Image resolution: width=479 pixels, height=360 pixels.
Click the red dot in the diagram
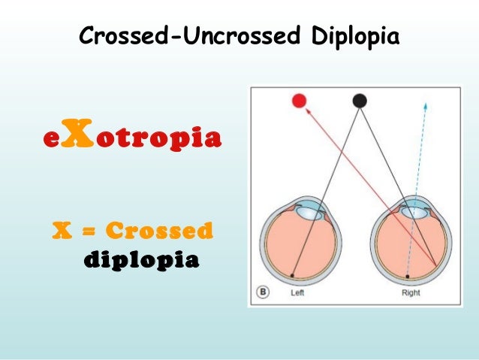click(300, 101)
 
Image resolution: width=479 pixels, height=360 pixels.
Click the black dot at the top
click(360, 100)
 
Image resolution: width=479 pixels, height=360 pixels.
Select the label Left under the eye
click(298, 294)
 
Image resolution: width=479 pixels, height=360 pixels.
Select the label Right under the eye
click(411, 294)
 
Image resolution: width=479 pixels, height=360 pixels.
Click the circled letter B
click(262, 293)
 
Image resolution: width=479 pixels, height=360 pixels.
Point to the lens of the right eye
click(412, 212)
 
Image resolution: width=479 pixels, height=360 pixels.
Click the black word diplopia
click(140, 259)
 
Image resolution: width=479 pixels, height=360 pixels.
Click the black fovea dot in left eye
click(292, 275)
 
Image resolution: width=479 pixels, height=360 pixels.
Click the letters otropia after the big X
click(152, 140)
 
